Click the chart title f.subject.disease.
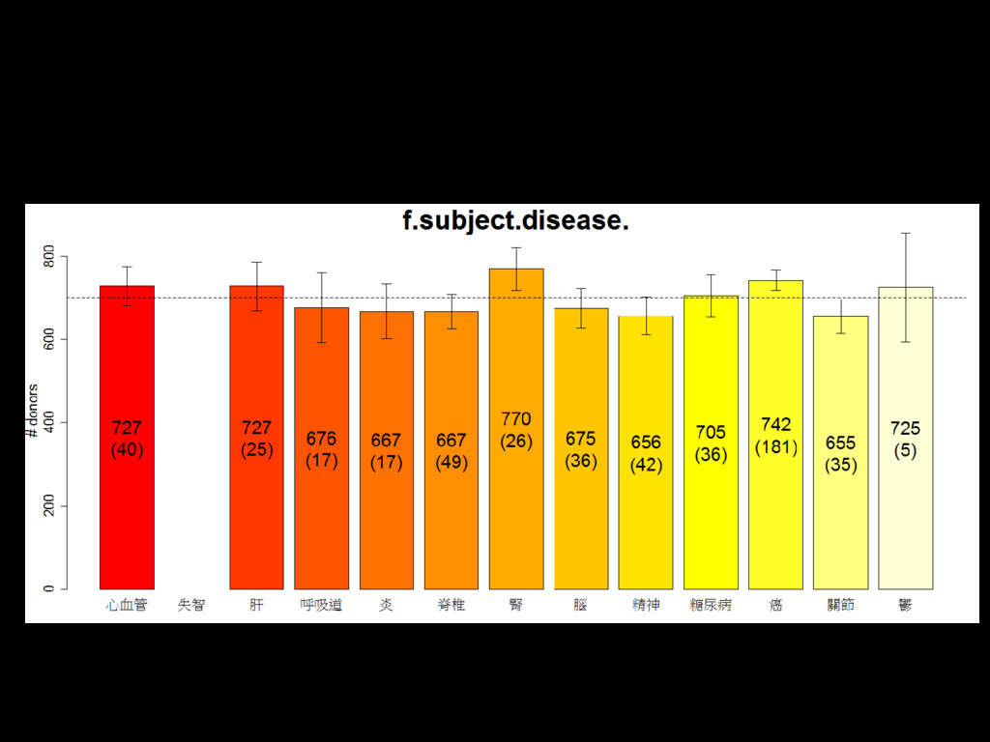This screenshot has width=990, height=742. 515,221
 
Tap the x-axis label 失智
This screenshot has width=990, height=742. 191,606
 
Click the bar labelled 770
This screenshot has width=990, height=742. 516,502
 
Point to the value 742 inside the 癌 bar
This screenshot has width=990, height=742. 775,424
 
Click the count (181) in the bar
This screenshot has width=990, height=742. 775,447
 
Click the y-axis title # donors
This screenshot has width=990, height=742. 33,412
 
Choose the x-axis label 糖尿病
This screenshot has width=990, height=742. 711,606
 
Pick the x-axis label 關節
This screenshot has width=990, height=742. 840,606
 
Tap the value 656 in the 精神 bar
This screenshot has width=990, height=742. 646,442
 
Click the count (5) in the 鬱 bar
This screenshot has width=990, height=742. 905,450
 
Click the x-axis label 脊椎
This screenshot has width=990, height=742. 451,606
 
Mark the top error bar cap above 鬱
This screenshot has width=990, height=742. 905,233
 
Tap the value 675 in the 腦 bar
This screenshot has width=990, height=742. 581,439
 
